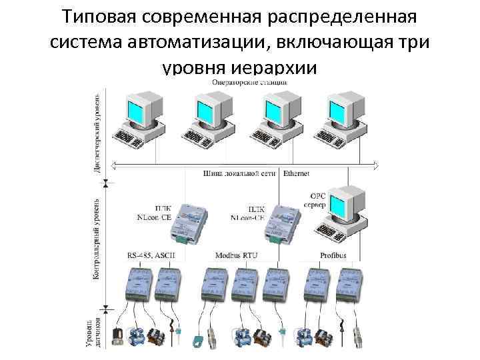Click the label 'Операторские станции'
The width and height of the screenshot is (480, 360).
[249, 82]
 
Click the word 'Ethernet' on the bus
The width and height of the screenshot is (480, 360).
[296, 173]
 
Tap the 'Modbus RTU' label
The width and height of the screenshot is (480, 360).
[236, 255]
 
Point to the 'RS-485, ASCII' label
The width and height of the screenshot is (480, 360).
[148, 255]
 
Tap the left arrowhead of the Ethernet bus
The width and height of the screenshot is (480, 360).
[115, 165]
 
